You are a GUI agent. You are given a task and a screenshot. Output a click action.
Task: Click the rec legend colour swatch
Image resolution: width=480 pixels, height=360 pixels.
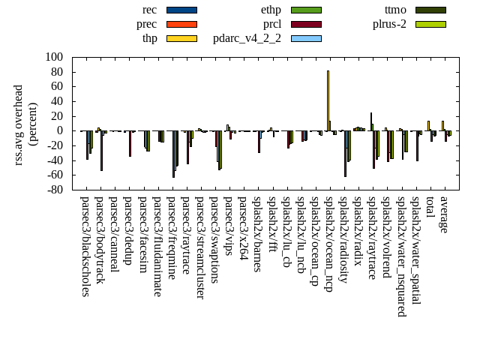(x=181, y=10)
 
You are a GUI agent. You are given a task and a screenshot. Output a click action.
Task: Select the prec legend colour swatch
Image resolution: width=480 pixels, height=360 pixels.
(x=181, y=24)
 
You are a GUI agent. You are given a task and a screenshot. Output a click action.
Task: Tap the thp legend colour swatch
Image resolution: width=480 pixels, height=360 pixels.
(x=181, y=38)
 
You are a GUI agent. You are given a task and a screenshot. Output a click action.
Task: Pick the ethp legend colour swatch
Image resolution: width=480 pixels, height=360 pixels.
(x=306, y=10)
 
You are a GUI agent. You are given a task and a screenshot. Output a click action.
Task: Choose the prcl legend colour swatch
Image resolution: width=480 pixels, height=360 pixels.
(x=306, y=24)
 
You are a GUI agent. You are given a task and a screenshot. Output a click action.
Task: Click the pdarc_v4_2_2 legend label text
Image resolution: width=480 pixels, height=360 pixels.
(x=247, y=38)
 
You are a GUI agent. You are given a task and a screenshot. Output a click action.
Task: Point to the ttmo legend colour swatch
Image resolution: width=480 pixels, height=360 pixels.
(x=430, y=10)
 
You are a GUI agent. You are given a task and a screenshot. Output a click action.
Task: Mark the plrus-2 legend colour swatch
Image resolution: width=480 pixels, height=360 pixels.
(x=430, y=24)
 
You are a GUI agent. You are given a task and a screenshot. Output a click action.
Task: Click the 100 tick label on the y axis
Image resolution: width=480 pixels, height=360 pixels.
(x=53, y=57)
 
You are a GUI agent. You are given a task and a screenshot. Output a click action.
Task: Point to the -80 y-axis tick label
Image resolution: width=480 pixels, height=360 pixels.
(x=53, y=190)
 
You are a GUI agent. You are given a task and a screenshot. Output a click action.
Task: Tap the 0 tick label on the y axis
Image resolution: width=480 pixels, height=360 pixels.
(x=59, y=130)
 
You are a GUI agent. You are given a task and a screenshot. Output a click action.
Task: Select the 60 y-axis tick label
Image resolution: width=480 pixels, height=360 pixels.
(x=56, y=86)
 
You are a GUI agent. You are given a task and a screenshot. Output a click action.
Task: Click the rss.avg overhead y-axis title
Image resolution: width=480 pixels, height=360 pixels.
(x=19, y=124)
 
